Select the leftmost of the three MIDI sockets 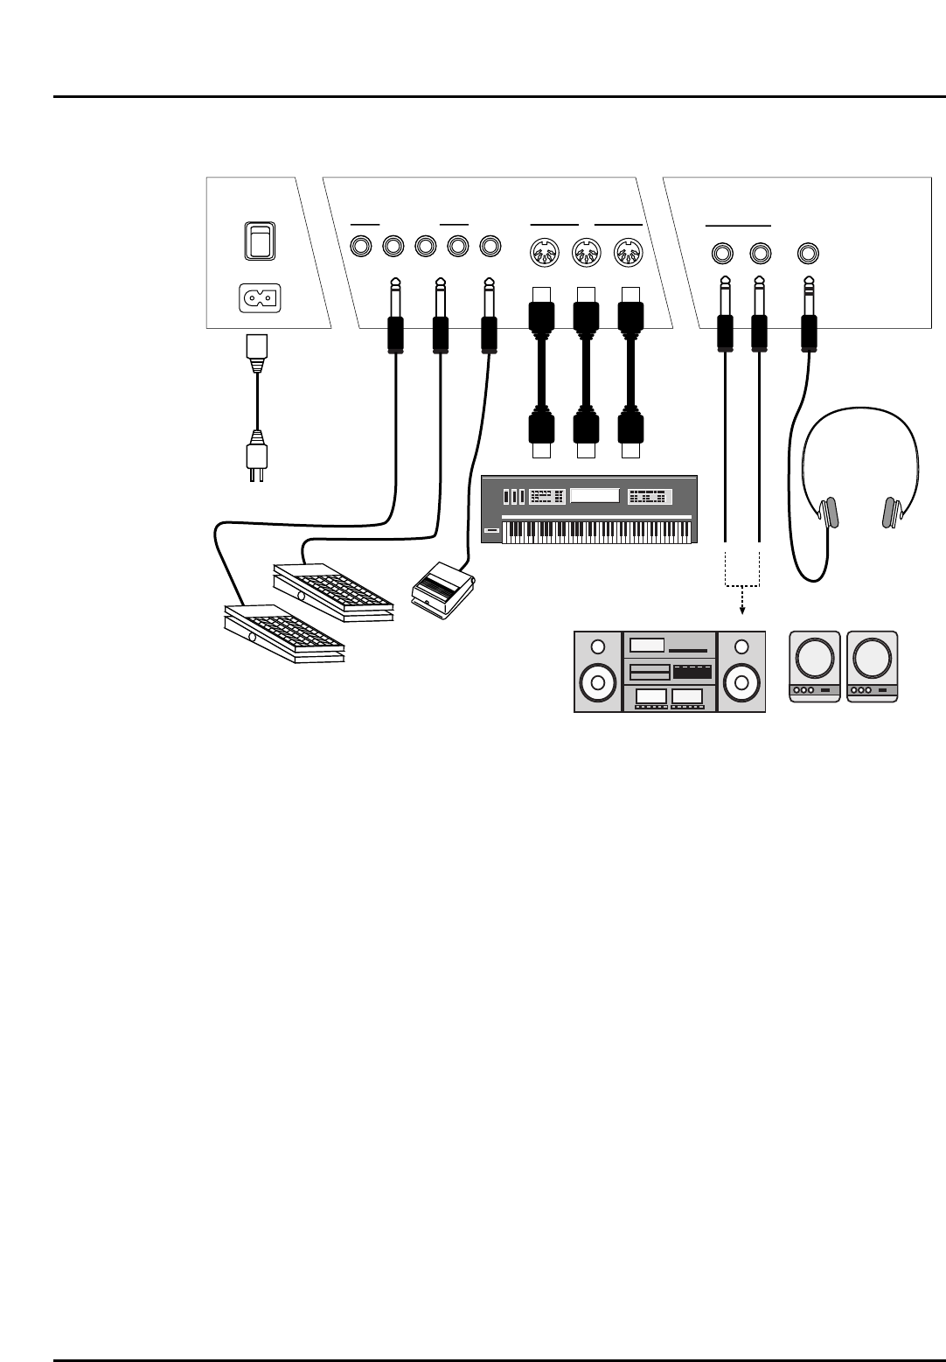(x=543, y=254)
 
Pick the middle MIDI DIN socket (x=585, y=254)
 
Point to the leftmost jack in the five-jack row (x=361, y=248)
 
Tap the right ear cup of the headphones (x=892, y=513)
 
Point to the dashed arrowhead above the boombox (x=741, y=611)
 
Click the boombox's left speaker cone (x=598, y=683)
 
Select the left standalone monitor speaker (x=814, y=666)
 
